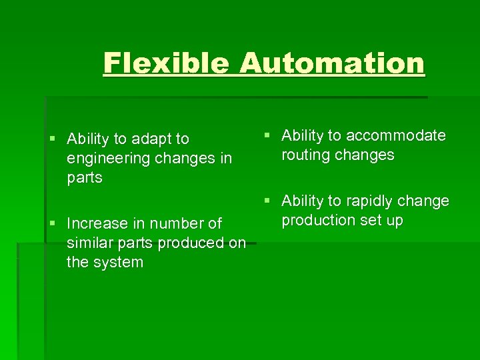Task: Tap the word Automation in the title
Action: [x=331, y=63]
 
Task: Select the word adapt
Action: [x=151, y=139]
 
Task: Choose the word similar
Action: [x=89, y=243]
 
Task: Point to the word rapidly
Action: [x=367, y=201]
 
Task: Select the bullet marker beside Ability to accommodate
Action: [x=267, y=136]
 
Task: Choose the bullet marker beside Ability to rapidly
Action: [x=267, y=201]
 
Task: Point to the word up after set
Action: [x=394, y=221]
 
